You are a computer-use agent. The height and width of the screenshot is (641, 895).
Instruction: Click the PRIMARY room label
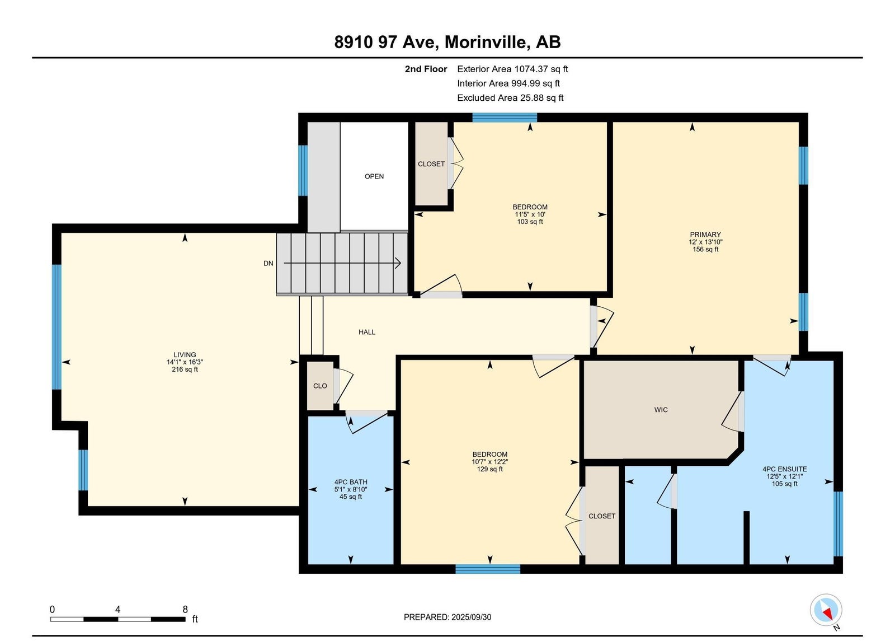(705, 235)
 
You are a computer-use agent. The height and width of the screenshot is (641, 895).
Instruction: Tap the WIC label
(661, 410)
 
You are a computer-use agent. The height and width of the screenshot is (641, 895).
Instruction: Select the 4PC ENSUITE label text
(784, 469)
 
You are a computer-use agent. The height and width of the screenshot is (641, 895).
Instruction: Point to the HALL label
(367, 333)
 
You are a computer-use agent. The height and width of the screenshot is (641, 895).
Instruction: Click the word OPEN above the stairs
(374, 176)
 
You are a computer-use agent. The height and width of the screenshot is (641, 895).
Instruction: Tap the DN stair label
(268, 264)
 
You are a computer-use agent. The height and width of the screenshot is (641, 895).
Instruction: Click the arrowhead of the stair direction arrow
(398, 263)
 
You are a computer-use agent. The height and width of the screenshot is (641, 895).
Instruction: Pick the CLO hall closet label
(320, 386)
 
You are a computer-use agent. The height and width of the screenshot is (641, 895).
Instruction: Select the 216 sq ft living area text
(185, 369)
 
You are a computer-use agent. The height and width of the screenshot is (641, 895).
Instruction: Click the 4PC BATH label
(351, 482)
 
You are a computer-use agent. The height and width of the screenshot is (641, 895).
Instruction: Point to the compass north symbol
(826, 610)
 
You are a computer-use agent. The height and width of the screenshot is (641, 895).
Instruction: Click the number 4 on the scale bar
(117, 610)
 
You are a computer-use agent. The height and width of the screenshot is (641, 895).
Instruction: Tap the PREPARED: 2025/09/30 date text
(447, 617)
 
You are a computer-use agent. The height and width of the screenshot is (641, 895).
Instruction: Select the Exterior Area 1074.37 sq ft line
(512, 69)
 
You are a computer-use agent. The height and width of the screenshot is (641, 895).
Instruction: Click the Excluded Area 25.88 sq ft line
(510, 98)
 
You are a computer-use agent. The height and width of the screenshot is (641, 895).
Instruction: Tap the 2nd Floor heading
(426, 69)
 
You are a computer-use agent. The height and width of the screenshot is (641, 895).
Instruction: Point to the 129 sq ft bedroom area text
(490, 470)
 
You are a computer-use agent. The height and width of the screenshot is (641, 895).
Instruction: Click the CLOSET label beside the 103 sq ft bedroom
(431, 165)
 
